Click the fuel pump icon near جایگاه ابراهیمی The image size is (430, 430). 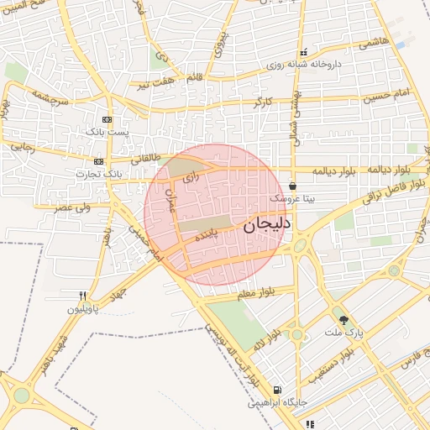[x=277, y=390]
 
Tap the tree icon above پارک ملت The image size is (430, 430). [x=343, y=319]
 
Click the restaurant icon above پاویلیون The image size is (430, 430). [x=82, y=296]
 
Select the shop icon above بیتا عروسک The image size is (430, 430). [x=292, y=186]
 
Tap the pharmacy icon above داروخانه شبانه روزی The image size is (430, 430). [x=304, y=52]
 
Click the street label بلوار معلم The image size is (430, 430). [x=256, y=294]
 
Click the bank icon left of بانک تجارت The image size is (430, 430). [x=99, y=161]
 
